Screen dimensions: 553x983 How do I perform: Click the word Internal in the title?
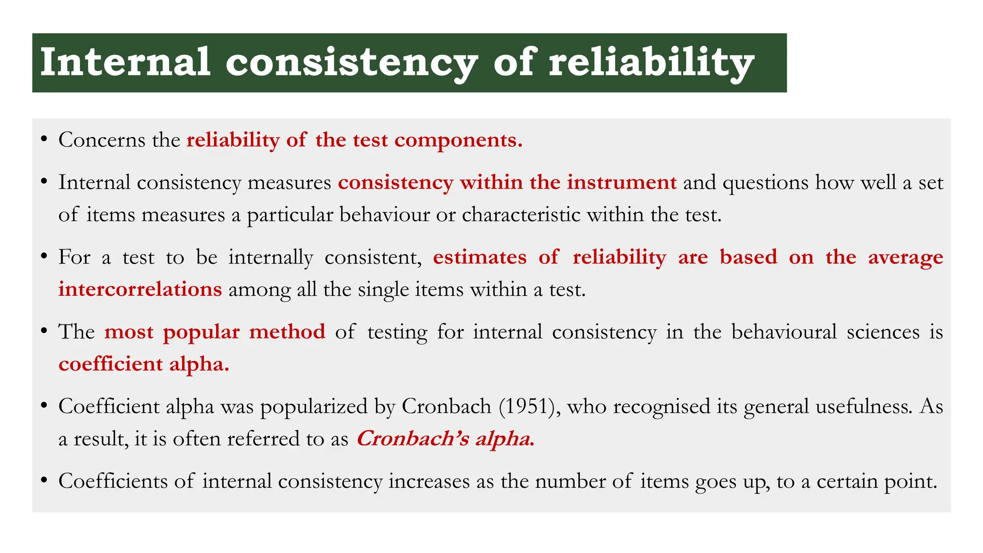coord(125,62)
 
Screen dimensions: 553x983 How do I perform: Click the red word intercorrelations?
coord(140,289)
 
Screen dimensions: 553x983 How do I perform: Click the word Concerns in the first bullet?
coord(102,140)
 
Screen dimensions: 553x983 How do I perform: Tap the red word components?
coord(458,140)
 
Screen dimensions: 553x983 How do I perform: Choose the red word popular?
coord(201,332)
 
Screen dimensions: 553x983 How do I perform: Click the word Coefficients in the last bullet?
coord(113,481)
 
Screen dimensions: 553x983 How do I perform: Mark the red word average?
coord(905,257)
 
